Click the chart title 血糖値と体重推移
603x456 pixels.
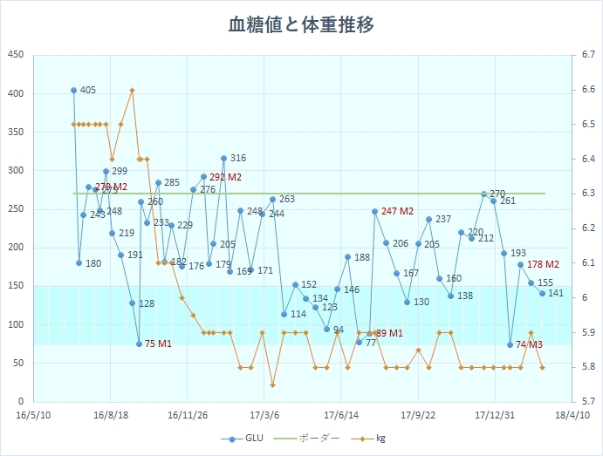coord(301,24)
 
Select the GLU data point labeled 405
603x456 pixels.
coord(73,90)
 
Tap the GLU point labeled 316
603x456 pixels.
coord(223,159)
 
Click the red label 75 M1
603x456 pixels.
coord(158,344)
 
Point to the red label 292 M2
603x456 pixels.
coord(225,177)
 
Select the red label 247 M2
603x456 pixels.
coord(397,211)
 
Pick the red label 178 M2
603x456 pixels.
coord(543,264)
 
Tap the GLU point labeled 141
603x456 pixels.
coord(542,293)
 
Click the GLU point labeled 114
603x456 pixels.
coord(284,314)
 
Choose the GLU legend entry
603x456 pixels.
coord(244,439)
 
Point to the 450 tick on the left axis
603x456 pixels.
coord(15,55)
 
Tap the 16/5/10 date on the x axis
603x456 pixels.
coord(33,416)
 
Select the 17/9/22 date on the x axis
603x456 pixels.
coord(418,416)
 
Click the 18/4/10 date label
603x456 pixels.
coord(572,416)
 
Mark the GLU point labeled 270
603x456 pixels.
coord(483,194)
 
